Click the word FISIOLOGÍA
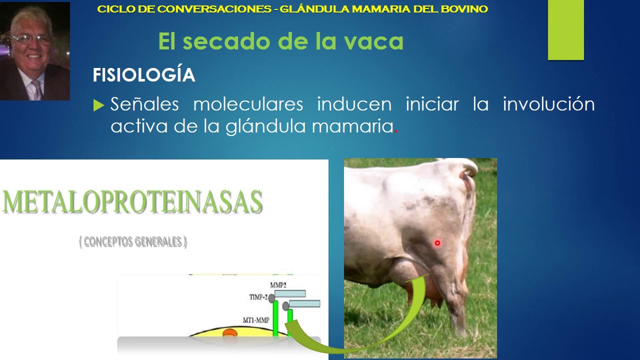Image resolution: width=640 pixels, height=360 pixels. [x=144, y=75]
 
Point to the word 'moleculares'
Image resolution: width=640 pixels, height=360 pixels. [x=248, y=104]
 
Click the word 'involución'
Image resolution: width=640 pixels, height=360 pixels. [x=548, y=104]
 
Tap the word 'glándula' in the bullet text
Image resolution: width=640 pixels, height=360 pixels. [x=266, y=126]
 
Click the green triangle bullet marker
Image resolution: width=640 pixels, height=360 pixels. [x=98, y=105]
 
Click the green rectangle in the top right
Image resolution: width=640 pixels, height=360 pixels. [x=565, y=30]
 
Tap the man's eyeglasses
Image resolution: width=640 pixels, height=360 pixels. [x=31, y=39]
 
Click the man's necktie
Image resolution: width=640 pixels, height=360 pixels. [x=36, y=88]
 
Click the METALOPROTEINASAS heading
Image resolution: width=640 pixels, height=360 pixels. [x=132, y=202]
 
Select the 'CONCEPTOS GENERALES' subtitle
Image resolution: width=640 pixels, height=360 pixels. [x=133, y=242]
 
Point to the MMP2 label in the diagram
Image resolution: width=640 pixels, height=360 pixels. [x=278, y=285]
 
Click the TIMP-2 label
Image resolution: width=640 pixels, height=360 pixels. [x=258, y=297]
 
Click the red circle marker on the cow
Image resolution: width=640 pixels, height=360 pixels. [x=437, y=243]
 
